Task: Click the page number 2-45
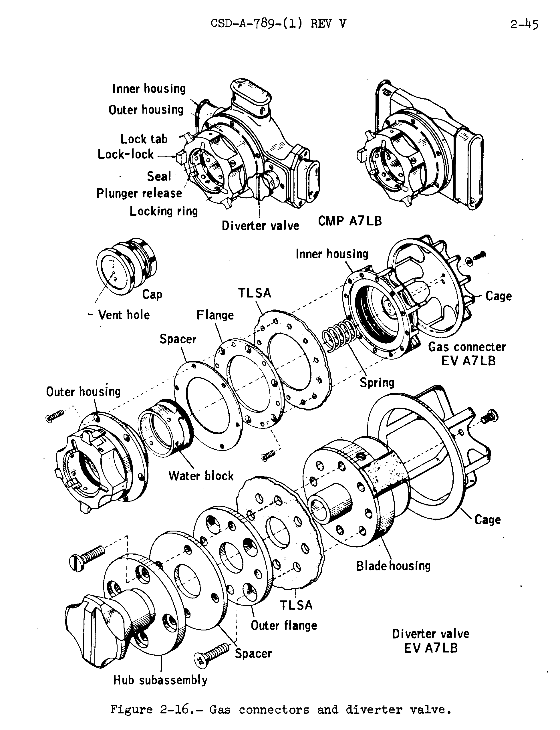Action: pyautogui.click(x=524, y=24)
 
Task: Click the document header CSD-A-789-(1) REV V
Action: pyautogui.click(x=279, y=24)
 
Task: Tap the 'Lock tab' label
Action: pyautogui.click(x=144, y=139)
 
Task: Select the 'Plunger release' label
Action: pyautogui.click(x=139, y=193)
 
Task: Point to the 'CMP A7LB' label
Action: pyautogui.click(x=350, y=221)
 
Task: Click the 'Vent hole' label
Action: pyautogui.click(x=124, y=315)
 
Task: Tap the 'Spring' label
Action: pyautogui.click(x=377, y=382)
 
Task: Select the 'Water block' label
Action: pyautogui.click(x=201, y=476)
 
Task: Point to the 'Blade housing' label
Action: pyautogui.click(x=393, y=566)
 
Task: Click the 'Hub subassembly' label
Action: pyautogui.click(x=160, y=680)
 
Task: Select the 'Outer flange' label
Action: pyautogui.click(x=284, y=626)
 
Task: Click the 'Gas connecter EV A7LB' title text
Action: pyautogui.click(x=467, y=354)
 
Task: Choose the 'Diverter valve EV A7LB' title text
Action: pyautogui.click(x=430, y=640)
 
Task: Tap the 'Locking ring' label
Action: pyautogui.click(x=164, y=211)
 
